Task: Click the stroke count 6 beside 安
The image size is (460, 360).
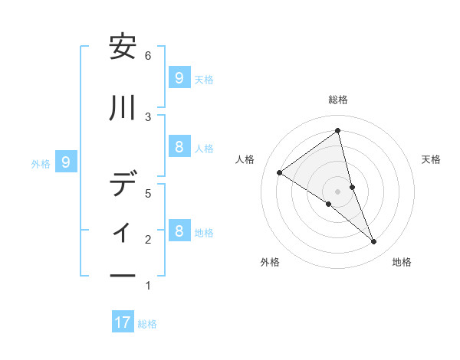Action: click(x=148, y=56)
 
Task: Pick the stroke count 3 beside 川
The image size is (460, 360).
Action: click(x=148, y=116)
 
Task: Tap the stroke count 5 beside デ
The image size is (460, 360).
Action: click(x=148, y=194)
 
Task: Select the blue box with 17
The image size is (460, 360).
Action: click(x=123, y=322)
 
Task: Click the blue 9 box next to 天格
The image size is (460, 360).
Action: click(x=179, y=77)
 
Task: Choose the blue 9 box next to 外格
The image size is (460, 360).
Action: click(x=66, y=162)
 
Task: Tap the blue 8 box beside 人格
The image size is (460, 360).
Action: click(x=179, y=147)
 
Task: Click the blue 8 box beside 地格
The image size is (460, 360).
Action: click(x=179, y=231)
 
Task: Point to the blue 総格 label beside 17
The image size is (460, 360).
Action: click(x=147, y=324)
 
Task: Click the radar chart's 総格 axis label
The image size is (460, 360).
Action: click(x=338, y=100)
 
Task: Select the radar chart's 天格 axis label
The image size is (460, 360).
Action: click(x=432, y=159)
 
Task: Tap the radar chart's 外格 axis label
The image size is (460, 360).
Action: click(x=270, y=262)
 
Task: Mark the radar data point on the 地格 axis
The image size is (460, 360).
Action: click(x=374, y=242)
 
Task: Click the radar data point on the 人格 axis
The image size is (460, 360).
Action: click(x=279, y=172)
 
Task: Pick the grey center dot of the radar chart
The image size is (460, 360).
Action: click(x=338, y=191)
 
